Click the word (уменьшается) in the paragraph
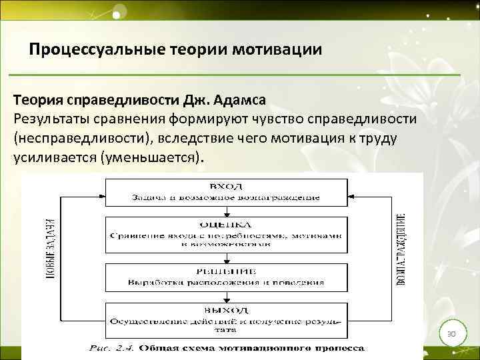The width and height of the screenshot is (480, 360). [151, 158]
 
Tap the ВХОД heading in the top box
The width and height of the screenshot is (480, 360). [225, 185]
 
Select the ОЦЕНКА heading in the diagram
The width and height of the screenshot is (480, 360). [225, 223]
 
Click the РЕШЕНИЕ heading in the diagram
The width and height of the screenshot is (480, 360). [225, 270]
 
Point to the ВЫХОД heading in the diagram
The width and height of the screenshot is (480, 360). [225, 309]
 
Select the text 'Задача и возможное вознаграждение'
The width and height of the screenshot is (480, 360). [225, 197]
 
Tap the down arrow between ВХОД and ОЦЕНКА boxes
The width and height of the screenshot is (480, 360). [225, 211]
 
